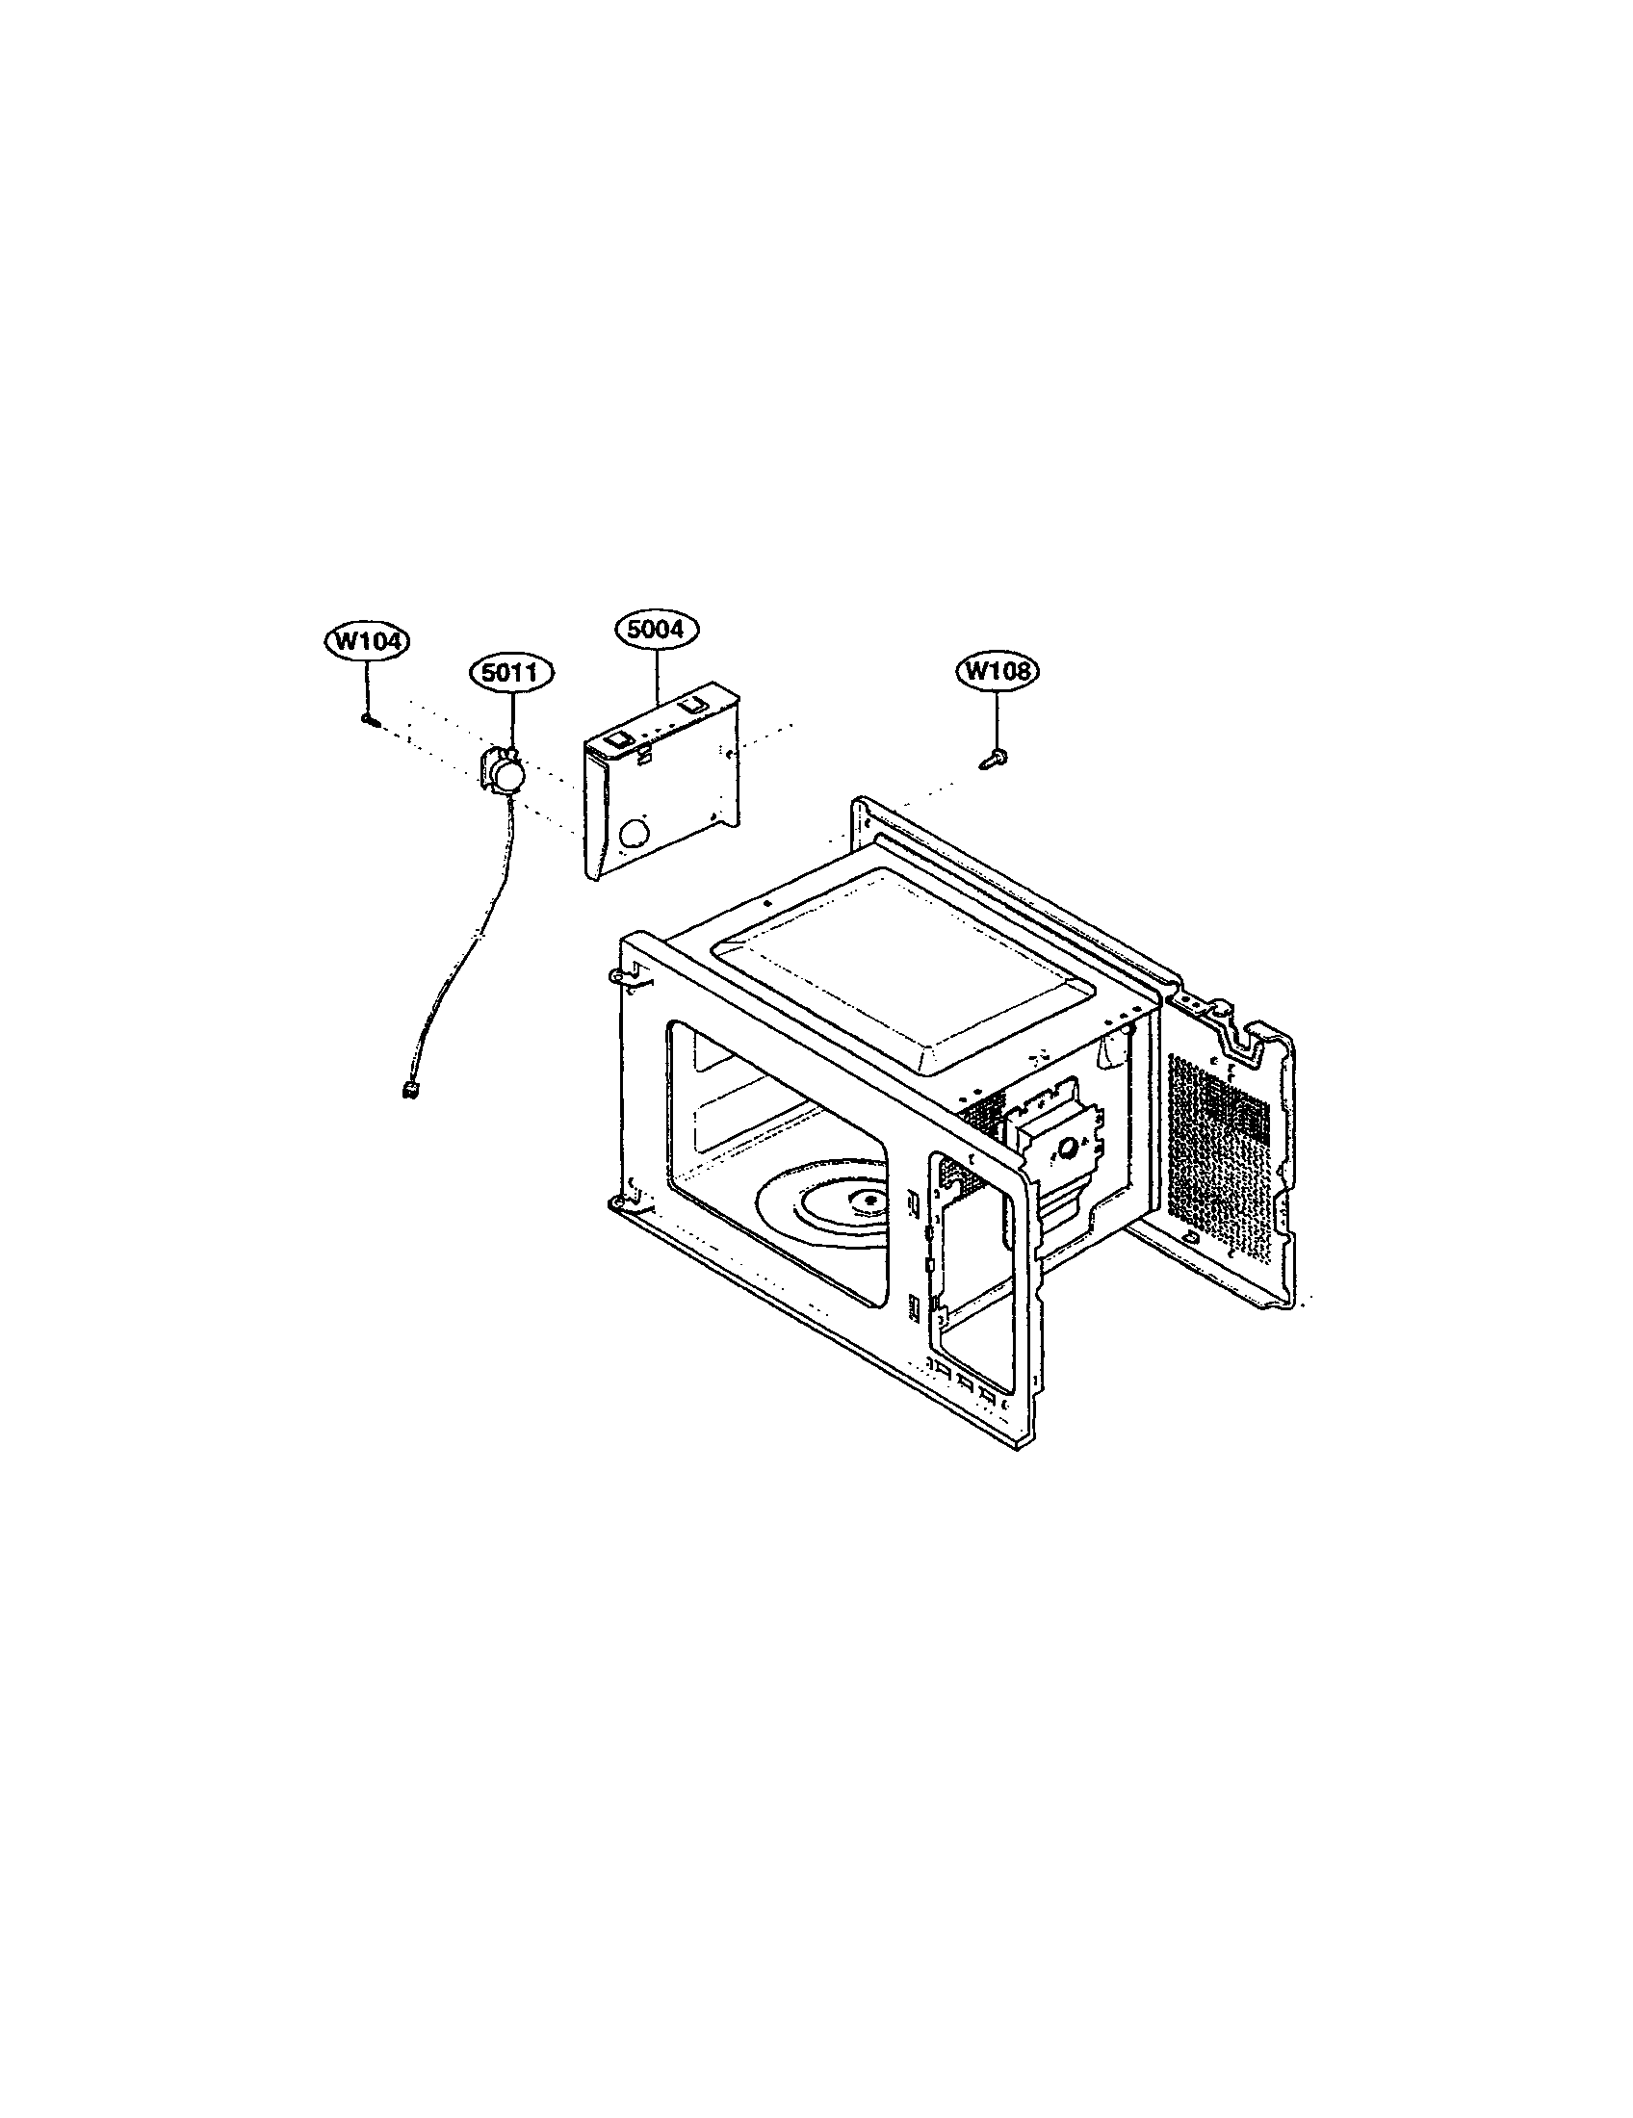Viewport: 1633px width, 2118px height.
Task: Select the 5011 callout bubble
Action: [512, 672]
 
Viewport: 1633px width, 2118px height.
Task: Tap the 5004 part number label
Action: [657, 630]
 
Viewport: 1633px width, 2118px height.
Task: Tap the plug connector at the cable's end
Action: [408, 1091]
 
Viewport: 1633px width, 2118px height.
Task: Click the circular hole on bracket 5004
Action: [635, 833]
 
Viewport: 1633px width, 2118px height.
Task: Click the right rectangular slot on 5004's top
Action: [690, 707]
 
